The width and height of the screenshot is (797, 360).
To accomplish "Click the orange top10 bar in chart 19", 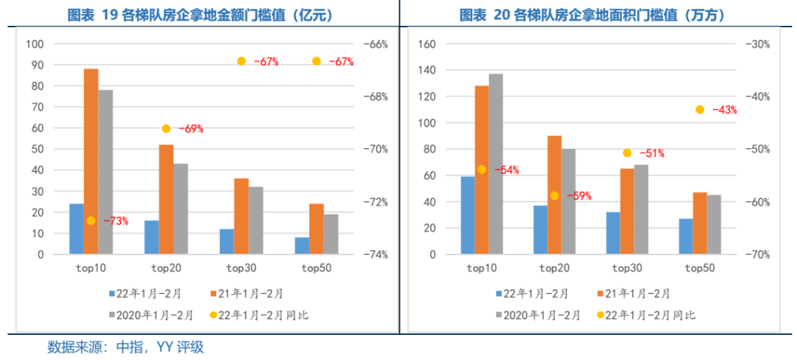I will (91, 162).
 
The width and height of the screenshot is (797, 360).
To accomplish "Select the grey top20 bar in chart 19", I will (181, 209).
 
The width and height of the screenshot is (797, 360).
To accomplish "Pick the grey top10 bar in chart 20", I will (496, 164).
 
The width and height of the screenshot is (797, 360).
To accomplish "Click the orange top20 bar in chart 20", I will (554, 195).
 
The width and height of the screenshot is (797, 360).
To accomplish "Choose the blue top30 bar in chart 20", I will (613, 233).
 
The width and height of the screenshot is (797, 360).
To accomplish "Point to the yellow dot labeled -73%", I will (91, 221).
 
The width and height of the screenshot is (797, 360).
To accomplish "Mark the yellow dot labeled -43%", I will (700, 110).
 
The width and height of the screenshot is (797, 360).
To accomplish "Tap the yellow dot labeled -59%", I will (554, 195).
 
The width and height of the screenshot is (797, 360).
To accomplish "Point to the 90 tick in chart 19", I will (35, 65).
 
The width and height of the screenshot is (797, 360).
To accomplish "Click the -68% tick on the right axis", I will (376, 97).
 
